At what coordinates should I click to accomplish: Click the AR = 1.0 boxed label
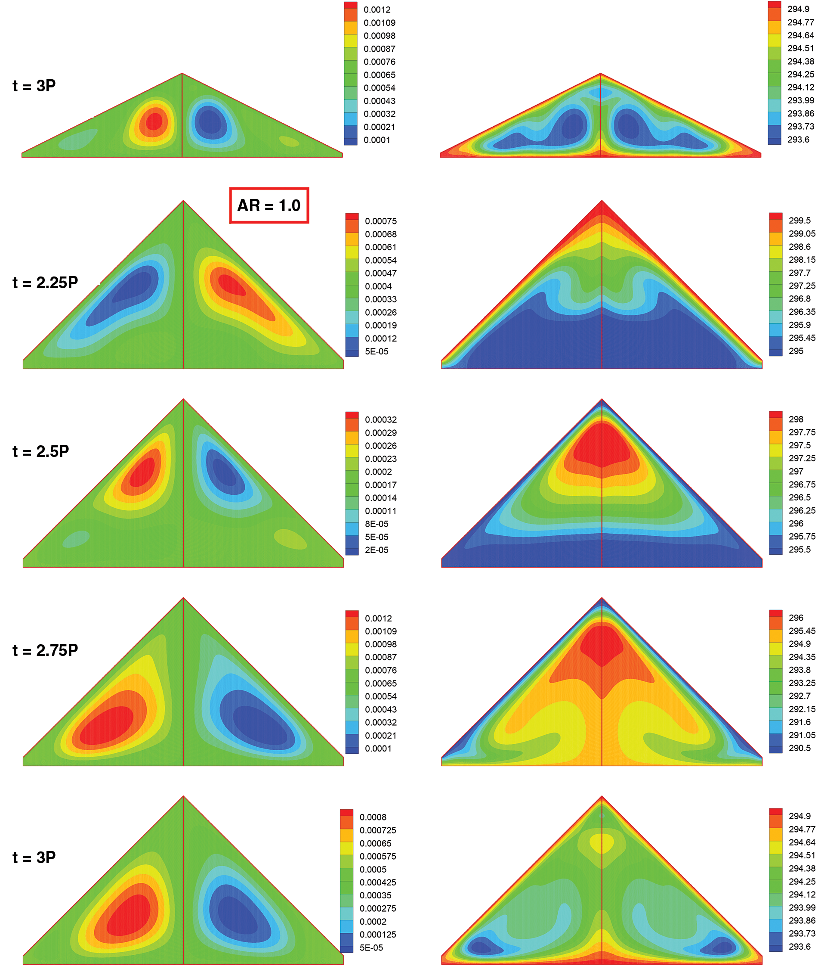(269, 205)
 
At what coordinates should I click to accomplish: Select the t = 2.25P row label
(45, 283)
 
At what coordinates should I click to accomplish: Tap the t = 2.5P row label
(40, 451)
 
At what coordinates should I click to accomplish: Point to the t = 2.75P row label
(45, 650)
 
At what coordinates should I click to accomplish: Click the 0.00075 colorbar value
(380, 221)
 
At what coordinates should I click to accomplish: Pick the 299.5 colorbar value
(799, 221)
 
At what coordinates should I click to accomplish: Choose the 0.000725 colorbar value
(377, 830)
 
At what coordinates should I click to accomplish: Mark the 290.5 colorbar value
(799, 748)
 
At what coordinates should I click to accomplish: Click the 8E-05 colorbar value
(376, 524)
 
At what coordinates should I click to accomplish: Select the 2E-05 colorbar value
(376, 550)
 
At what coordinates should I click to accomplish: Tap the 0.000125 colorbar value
(377, 934)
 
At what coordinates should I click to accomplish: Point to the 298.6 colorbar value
(799, 246)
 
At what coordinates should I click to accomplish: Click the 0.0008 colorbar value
(373, 817)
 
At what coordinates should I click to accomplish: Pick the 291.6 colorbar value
(799, 722)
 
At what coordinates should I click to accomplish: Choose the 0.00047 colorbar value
(380, 273)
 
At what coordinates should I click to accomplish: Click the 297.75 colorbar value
(802, 432)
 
